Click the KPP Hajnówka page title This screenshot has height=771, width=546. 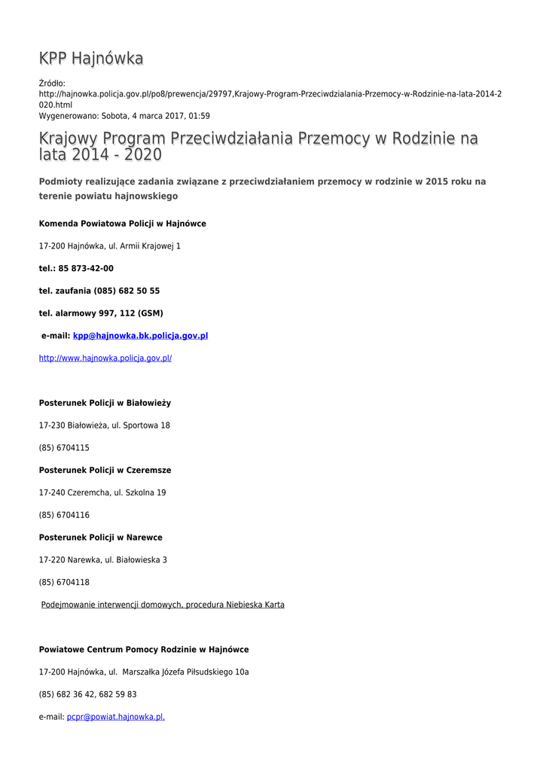[91, 59]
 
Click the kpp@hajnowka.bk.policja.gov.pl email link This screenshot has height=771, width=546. [140, 336]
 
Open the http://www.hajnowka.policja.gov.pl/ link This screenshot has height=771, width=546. [105, 358]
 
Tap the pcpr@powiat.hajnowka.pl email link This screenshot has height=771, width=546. [115, 718]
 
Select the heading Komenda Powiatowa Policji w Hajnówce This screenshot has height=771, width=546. [122, 224]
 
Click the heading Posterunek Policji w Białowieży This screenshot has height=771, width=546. [105, 403]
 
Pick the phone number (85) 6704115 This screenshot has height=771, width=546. [64, 448]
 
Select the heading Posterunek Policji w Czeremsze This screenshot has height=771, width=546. [105, 471]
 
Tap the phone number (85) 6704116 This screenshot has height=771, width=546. [64, 515]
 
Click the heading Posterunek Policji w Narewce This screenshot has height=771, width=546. [100, 538]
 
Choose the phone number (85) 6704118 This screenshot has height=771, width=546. [64, 582]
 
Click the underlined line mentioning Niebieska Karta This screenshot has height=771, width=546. [163, 605]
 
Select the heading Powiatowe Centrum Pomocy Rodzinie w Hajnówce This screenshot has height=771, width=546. [144, 650]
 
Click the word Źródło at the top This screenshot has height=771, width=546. [52, 83]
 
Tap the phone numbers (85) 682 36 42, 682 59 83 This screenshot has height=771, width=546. [87, 694]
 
